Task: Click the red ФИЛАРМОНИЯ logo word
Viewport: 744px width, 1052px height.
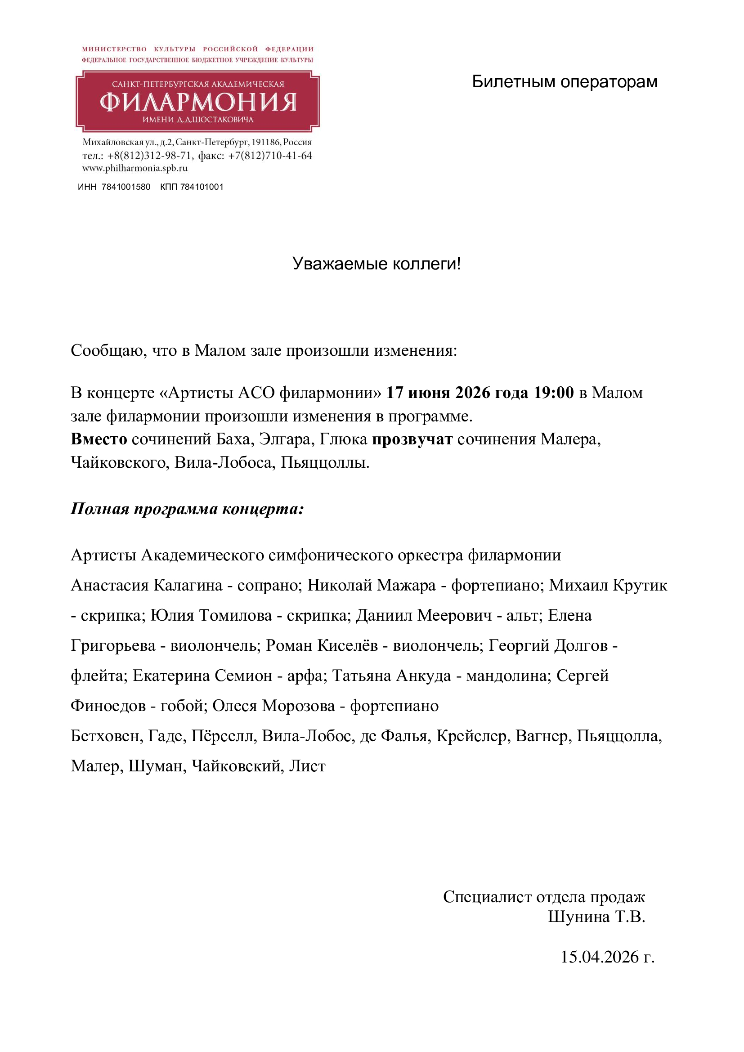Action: click(x=198, y=102)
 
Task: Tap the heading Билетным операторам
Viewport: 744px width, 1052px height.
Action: click(x=565, y=82)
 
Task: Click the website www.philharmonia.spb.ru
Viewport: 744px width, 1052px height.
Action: click(x=134, y=168)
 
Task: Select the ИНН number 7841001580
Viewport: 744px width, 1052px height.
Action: click(x=126, y=187)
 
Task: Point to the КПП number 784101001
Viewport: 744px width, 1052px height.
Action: click(x=202, y=187)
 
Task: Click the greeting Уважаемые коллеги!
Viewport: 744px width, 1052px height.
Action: click(x=376, y=264)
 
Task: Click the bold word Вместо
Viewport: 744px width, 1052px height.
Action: click(x=99, y=439)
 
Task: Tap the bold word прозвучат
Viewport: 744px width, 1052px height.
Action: click(x=412, y=439)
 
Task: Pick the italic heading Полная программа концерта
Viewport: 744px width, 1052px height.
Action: click(x=187, y=509)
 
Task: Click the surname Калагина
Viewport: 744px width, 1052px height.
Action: click(x=188, y=585)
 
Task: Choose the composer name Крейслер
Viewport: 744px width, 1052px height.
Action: click(x=473, y=736)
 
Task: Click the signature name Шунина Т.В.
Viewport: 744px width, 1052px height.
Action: click(x=596, y=916)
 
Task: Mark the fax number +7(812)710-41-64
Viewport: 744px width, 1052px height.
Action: click(x=270, y=156)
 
